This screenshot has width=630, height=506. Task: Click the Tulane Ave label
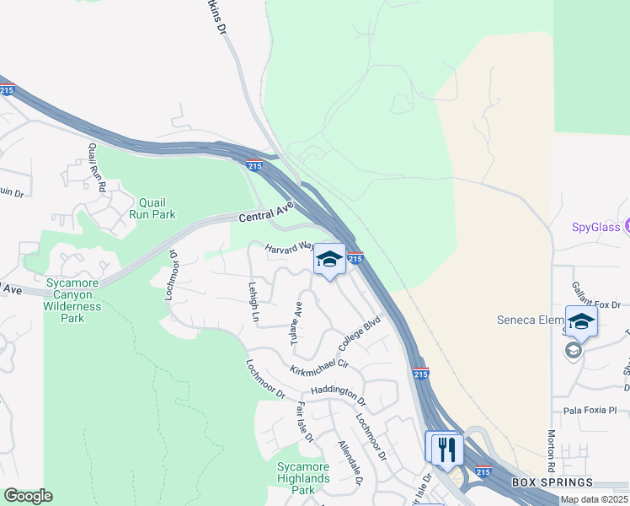(x=296, y=322)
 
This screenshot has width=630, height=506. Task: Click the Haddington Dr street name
(x=338, y=391)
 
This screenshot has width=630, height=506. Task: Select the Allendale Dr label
(x=350, y=462)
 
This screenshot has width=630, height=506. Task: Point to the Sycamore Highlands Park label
(x=303, y=478)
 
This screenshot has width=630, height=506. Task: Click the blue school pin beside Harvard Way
(x=329, y=259)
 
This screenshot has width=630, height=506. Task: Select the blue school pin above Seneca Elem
(x=581, y=321)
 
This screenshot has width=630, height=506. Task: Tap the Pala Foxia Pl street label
(x=590, y=410)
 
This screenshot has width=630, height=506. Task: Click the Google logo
(x=28, y=496)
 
